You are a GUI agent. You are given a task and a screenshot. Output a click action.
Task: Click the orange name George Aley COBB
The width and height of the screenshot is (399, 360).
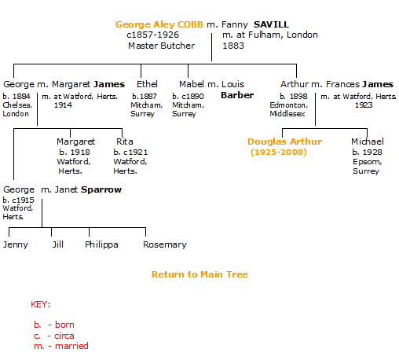159,24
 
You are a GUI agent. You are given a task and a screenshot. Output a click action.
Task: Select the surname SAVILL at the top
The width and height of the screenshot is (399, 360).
271,24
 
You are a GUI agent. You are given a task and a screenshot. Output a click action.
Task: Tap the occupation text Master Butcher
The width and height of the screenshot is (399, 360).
161,46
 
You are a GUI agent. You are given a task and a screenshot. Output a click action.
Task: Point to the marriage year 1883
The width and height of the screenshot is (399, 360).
233,46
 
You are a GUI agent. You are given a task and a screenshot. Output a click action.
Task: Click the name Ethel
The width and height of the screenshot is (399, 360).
147,84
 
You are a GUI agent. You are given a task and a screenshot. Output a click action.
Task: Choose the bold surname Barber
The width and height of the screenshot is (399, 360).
237,95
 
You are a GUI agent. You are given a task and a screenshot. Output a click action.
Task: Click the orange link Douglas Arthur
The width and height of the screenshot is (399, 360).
284,141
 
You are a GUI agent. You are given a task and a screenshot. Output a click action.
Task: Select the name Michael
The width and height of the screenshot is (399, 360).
368,141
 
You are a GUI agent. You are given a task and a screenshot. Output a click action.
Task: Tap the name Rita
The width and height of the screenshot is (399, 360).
125,141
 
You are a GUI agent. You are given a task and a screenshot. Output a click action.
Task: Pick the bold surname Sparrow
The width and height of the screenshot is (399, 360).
101,189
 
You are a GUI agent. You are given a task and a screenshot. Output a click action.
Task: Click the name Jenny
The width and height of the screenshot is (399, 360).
16,244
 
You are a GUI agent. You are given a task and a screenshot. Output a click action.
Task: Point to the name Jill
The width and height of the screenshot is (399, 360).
58,244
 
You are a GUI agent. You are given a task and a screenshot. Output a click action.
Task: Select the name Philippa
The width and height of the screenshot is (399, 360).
101,244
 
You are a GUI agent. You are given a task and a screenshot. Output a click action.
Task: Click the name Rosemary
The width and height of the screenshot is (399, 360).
165,244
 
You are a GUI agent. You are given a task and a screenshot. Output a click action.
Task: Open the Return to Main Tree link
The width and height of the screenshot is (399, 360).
199,274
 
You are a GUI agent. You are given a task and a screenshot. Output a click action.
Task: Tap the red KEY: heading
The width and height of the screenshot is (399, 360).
40,304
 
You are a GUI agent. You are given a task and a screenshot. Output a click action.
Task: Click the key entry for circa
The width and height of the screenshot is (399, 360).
54,336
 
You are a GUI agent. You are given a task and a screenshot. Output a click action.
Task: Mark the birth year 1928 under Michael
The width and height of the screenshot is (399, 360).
372,152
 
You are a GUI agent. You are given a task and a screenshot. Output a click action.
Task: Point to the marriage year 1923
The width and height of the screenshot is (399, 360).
364,105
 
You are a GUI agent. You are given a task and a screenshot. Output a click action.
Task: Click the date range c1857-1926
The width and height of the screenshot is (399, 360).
152,35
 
